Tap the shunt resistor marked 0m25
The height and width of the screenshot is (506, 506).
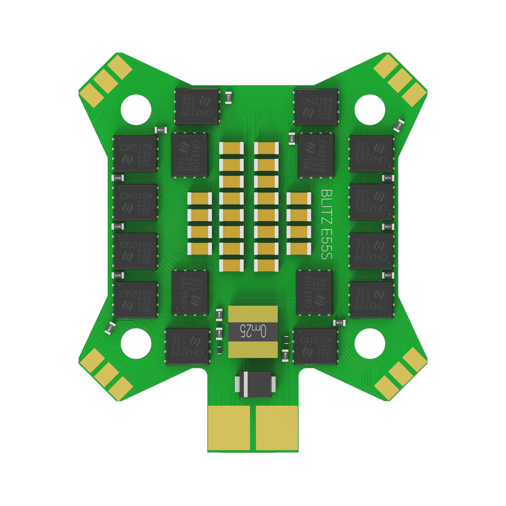click(253, 332)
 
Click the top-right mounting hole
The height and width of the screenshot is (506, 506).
click(370, 107)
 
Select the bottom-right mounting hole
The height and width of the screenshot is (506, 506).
click(370, 342)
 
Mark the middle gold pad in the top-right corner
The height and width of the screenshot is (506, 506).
click(402, 79)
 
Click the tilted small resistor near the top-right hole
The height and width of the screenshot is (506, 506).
click(400, 124)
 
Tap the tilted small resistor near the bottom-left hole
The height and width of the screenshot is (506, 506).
click(110, 327)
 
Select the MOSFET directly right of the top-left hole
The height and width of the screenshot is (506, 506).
click(197, 106)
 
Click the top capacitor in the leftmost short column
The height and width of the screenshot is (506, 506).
click(200, 199)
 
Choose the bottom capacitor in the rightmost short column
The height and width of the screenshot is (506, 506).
click(299, 248)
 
